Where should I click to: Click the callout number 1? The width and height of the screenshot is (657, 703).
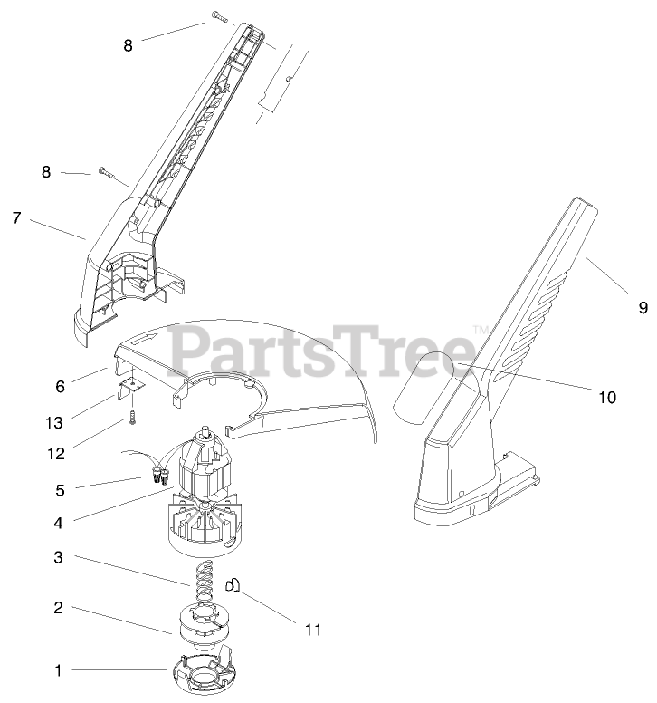pyautogui.click(x=59, y=671)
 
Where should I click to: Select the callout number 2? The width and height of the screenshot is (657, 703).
pyautogui.click(x=59, y=608)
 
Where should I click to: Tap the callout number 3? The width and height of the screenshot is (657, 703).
pyautogui.click(x=59, y=558)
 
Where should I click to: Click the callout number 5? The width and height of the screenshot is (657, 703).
pyautogui.click(x=59, y=490)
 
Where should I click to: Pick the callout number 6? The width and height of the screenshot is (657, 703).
pyautogui.click(x=60, y=386)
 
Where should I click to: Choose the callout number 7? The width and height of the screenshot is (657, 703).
pyautogui.click(x=16, y=217)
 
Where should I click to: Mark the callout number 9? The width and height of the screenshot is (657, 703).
pyautogui.click(x=643, y=308)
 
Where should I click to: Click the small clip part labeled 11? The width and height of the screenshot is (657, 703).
pyautogui.click(x=233, y=587)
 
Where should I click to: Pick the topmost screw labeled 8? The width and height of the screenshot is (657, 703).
pyautogui.click(x=218, y=15)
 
